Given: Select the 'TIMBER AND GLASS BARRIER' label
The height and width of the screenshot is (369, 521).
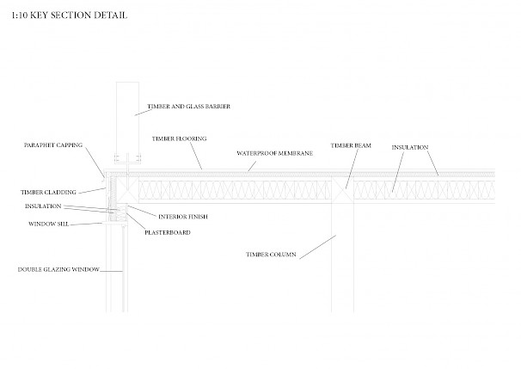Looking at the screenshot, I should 189,106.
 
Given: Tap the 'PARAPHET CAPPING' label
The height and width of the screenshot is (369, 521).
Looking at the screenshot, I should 53,145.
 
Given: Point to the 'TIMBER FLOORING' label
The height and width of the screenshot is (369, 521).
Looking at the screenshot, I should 179,138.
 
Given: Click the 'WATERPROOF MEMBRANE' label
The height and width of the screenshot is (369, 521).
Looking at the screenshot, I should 274,152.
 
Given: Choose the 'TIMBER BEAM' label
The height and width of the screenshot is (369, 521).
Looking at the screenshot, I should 351,145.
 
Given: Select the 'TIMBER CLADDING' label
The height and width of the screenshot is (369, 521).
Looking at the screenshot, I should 49,192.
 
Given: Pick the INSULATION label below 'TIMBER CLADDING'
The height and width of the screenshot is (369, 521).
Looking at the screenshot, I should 42,206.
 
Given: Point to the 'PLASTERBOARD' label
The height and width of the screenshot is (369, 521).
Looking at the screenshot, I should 169,232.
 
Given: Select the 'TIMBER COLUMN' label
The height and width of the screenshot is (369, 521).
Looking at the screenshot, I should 268,255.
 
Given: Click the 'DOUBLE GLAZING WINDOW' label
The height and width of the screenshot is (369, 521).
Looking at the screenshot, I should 58,269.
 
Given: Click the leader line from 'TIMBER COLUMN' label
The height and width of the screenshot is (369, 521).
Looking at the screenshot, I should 313,245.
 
